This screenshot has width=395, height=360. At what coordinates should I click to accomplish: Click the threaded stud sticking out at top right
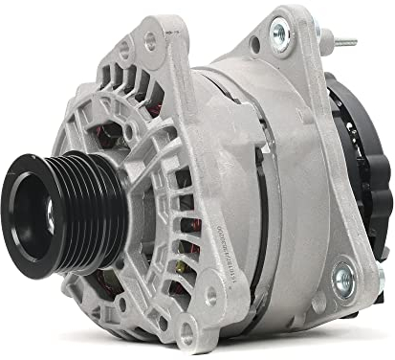pyautogui.click(x=343, y=43)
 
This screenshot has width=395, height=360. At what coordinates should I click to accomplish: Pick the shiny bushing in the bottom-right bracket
pyautogui.click(x=341, y=279)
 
